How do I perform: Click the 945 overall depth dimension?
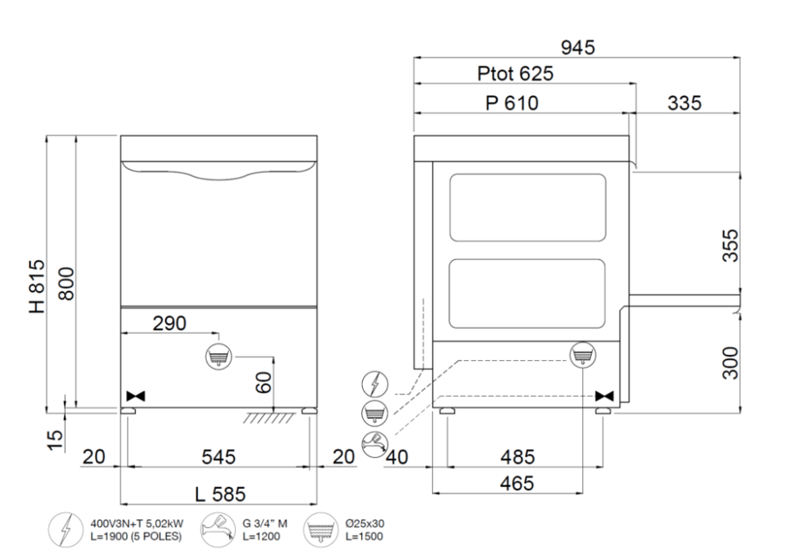pos(578,47)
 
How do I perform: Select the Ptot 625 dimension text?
pos(515,74)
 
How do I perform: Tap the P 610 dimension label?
pos(512,103)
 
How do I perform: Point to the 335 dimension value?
pos(685,103)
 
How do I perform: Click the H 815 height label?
pos(38,286)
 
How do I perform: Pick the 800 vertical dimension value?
pos(66,284)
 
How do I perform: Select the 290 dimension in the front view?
pos(169,323)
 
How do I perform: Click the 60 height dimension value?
pos(264,383)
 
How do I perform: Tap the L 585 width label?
pos(220,494)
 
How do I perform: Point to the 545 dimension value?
pos(218,457)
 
